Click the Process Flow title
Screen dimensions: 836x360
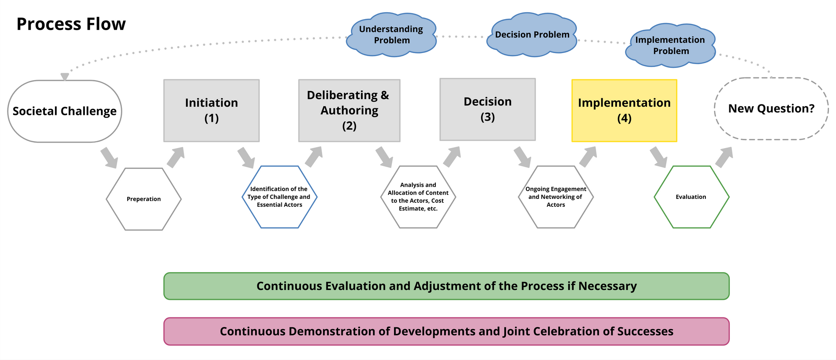71,24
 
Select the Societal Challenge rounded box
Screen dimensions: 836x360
65,111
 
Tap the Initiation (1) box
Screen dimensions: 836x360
212,111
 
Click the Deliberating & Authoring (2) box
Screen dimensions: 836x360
349,111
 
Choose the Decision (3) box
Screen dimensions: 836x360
488,109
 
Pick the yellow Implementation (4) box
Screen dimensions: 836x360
624,111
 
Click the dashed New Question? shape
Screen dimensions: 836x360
772,109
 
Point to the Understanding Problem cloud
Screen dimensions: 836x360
392,35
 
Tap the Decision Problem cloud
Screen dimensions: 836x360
532,35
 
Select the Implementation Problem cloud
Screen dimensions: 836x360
671,45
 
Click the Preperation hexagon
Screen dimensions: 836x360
144,199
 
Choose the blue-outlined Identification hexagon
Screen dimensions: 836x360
280,197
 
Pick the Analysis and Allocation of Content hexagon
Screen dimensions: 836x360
418,197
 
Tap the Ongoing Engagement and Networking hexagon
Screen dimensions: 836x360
556,197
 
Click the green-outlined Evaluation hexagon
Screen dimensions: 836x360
691,197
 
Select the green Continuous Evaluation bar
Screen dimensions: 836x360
446,286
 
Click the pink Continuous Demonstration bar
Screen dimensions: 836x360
446,331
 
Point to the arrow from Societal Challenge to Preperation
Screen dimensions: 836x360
109,158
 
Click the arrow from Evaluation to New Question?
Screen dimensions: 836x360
724,157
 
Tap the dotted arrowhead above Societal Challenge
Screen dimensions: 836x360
64,77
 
